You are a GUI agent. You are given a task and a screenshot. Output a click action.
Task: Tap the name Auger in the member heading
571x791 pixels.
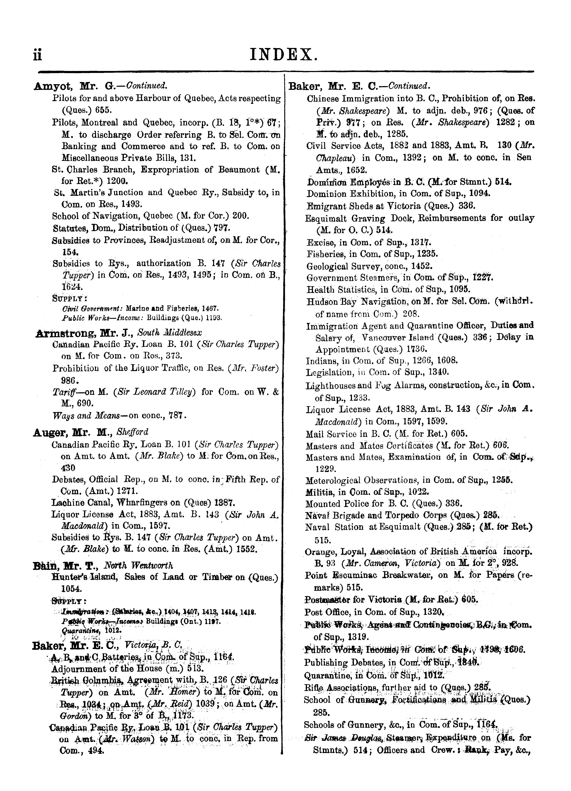coord(50,432)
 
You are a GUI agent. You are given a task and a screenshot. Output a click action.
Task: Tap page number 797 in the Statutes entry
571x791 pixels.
coord(222,228)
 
